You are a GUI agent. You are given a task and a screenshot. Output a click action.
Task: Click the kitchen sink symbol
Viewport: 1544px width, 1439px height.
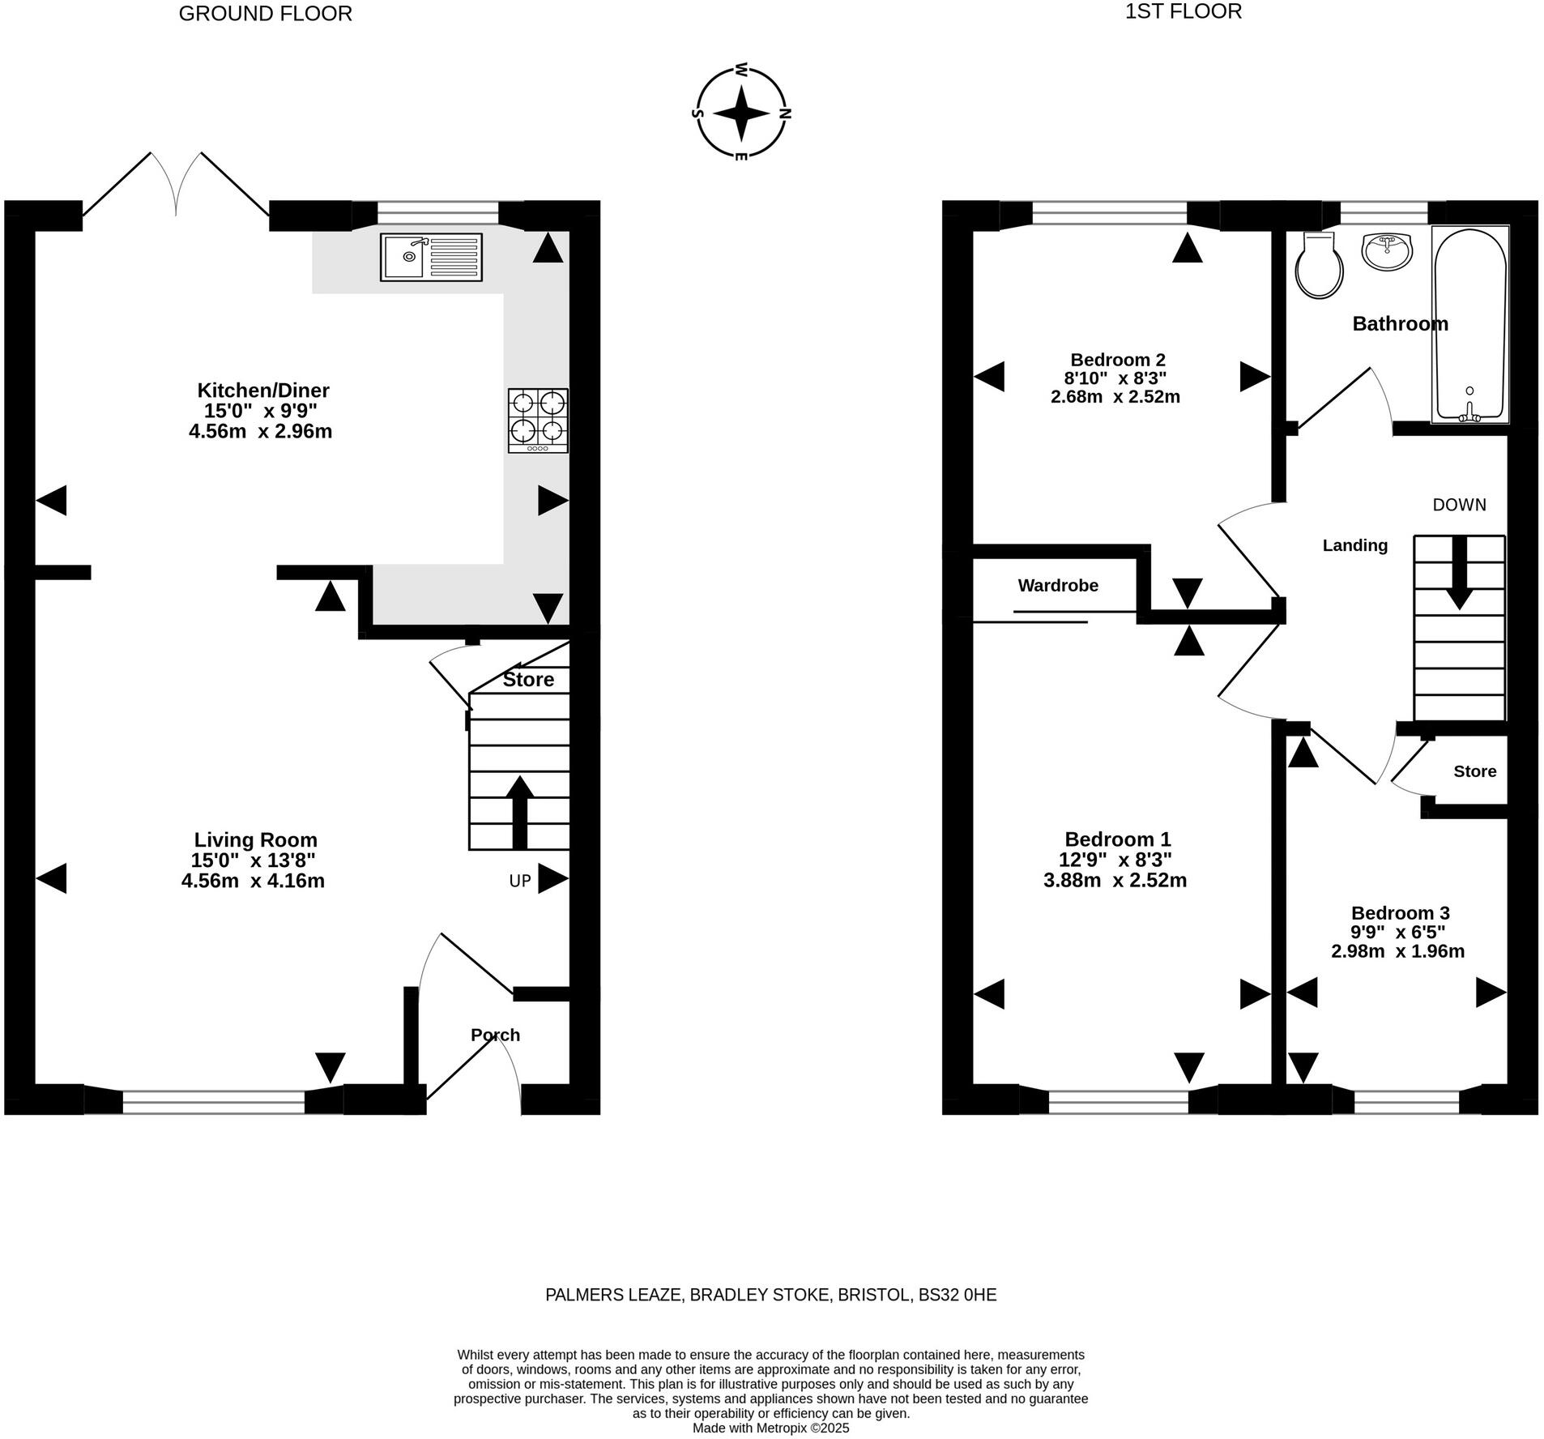pos(431,257)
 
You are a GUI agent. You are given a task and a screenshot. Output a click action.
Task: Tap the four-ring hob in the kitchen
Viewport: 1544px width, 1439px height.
pos(538,420)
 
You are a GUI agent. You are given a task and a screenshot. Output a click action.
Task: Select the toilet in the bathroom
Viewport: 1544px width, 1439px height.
pos(1319,266)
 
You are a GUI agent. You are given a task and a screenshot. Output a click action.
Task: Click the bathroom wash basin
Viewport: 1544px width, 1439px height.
pos(1387,250)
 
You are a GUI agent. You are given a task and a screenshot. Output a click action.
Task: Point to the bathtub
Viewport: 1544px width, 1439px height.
pos(1469,324)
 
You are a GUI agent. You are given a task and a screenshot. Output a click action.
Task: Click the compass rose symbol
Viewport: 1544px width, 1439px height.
pos(741,113)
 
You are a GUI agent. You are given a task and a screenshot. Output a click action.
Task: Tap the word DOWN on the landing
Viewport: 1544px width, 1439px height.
pos(1459,505)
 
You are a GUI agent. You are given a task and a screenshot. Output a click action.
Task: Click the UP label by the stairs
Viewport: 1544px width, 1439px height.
pos(520,881)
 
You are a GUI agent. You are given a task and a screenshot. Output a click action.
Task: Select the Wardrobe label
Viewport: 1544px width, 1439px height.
pos(1057,585)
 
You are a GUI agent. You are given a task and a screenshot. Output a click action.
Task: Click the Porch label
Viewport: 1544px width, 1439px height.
pos(495,1035)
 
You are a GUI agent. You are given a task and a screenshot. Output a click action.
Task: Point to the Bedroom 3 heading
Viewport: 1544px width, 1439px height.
pos(1400,913)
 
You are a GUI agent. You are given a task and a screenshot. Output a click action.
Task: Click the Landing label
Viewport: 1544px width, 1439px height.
pos(1354,545)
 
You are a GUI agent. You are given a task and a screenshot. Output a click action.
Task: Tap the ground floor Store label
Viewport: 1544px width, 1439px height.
pos(528,679)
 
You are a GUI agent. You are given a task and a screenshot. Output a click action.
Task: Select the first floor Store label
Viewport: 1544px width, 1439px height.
pos(1474,771)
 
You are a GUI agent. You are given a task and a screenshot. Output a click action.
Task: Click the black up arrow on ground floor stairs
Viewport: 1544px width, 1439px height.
pos(519,812)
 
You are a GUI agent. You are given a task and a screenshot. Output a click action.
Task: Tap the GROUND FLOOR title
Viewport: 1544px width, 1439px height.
pos(265,14)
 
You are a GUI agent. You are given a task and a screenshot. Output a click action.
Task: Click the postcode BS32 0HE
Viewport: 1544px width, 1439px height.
pos(957,1295)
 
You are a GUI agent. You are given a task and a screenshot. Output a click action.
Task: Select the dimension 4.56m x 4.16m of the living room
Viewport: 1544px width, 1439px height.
pos(253,881)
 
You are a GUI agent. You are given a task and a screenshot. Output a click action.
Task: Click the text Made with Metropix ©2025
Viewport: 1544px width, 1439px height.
pos(770,1428)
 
